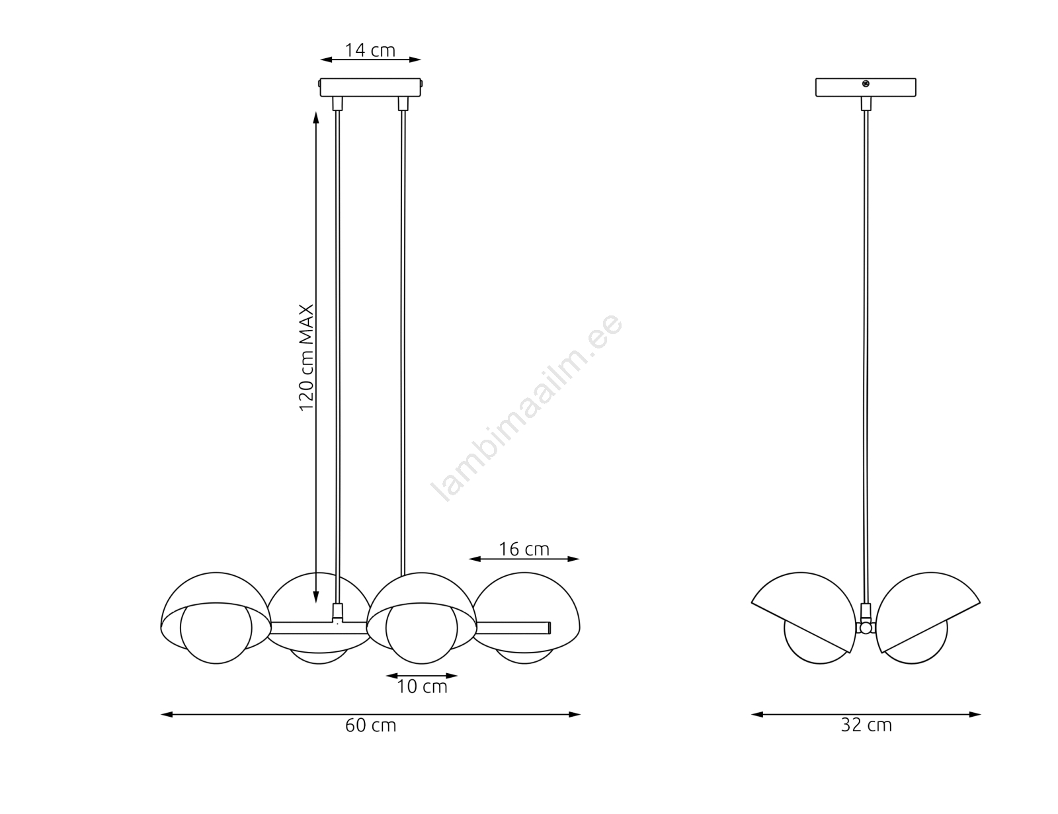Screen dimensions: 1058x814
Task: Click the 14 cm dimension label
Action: tap(370, 50)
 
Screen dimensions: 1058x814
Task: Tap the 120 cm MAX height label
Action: tap(306, 358)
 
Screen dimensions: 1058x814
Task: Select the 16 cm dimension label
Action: tap(524, 549)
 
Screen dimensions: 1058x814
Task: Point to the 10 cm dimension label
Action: tap(422, 687)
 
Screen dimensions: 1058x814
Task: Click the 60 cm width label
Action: tap(370, 726)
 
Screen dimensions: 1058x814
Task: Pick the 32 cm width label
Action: tap(866, 725)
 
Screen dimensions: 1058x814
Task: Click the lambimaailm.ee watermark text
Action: tap(527, 407)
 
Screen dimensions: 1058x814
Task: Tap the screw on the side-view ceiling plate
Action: tap(865, 84)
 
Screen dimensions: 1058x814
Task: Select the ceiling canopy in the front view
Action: tap(370, 88)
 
